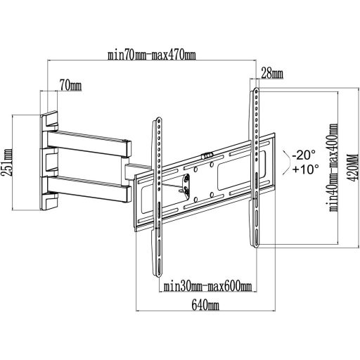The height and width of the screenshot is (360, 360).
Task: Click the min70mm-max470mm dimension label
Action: [x=151, y=56]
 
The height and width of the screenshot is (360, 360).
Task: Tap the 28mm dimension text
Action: [x=272, y=73]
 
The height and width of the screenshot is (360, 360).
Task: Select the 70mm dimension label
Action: [x=70, y=86]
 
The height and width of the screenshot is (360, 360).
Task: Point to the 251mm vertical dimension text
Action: [x=7, y=162]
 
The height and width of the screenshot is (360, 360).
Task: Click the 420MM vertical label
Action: [x=354, y=167]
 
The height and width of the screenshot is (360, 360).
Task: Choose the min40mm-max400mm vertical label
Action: [x=333, y=167]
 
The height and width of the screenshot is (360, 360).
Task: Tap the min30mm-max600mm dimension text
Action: [x=207, y=286]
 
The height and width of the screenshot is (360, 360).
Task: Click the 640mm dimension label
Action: [x=205, y=306]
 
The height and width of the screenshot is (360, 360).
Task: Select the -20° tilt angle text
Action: [x=304, y=155]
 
